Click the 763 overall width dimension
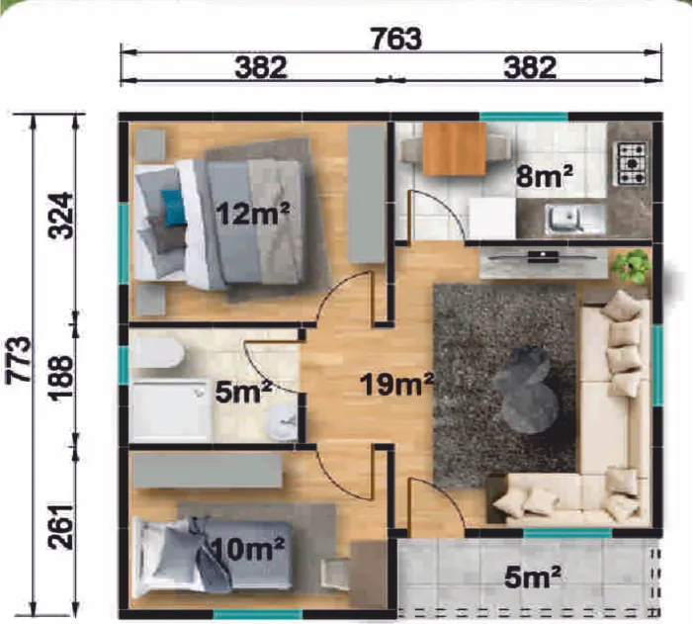tap(396, 39)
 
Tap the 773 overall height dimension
tap(20, 359)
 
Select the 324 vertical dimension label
tap(61, 215)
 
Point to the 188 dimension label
tap(61, 378)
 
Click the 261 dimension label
tap(61, 526)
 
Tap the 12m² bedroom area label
tap(253, 214)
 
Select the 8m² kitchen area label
tap(545, 176)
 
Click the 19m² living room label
tap(397, 384)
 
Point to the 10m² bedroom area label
tap(247, 549)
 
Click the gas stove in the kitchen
tap(632, 163)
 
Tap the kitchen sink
tap(564, 219)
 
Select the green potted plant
tap(631, 265)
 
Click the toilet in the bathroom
tap(158, 352)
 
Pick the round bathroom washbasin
tap(282, 421)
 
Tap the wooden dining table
tap(454, 148)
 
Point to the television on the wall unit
tap(543, 256)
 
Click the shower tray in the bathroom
tap(171, 410)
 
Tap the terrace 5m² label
tap(533, 578)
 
